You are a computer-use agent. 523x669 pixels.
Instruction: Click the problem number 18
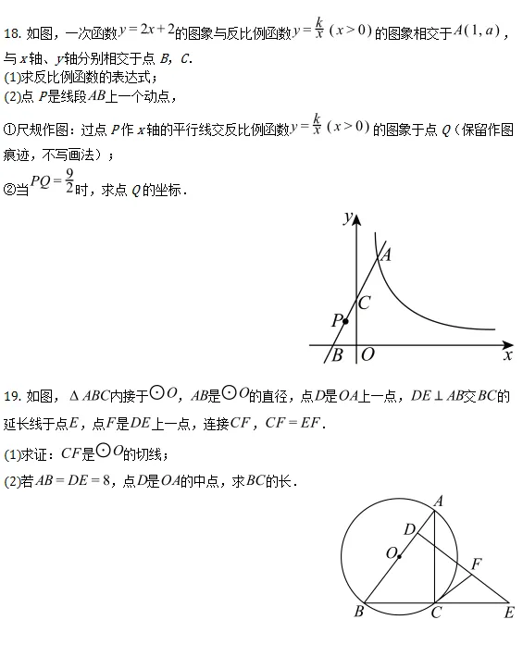coord(12,33)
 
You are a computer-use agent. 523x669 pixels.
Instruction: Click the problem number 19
coord(12,397)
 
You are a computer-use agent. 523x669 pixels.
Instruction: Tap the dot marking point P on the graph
coord(345,321)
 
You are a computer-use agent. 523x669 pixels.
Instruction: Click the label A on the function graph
coord(385,254)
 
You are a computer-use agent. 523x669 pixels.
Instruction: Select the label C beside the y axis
coord(364,303)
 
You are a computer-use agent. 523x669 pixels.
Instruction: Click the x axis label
coord(507,354)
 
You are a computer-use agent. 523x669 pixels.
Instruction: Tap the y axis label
coord(347,217)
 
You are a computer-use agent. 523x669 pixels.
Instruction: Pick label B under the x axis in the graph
coord(338,355)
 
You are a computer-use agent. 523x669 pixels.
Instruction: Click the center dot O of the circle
coord(400,555)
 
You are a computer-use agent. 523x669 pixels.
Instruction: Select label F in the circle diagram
coord(476,564)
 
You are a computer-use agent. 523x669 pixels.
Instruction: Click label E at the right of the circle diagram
coord(509,613)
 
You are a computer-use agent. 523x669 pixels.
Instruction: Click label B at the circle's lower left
coord(358,613)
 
